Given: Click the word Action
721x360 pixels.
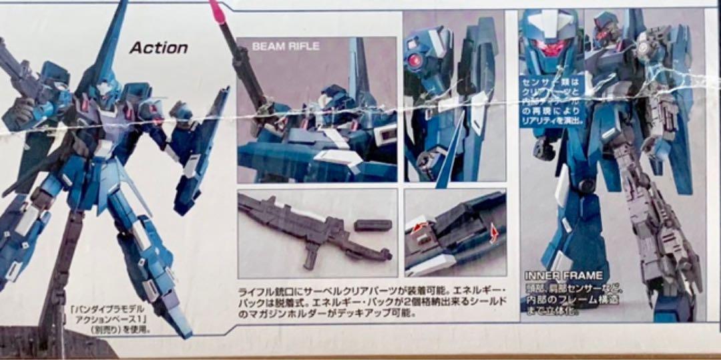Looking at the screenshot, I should (158, 47).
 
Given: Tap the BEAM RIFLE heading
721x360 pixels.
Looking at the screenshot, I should (286, 47).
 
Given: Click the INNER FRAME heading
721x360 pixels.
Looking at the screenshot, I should (563, 275).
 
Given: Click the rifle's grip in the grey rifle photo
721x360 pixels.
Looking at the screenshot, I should (310, 254).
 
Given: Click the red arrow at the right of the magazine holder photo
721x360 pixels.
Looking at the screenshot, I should (495, 234).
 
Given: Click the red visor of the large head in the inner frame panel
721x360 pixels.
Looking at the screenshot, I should (551, 48).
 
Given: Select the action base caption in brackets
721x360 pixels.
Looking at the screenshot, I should (108, 319).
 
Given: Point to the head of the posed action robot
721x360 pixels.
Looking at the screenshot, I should (103, 90).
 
